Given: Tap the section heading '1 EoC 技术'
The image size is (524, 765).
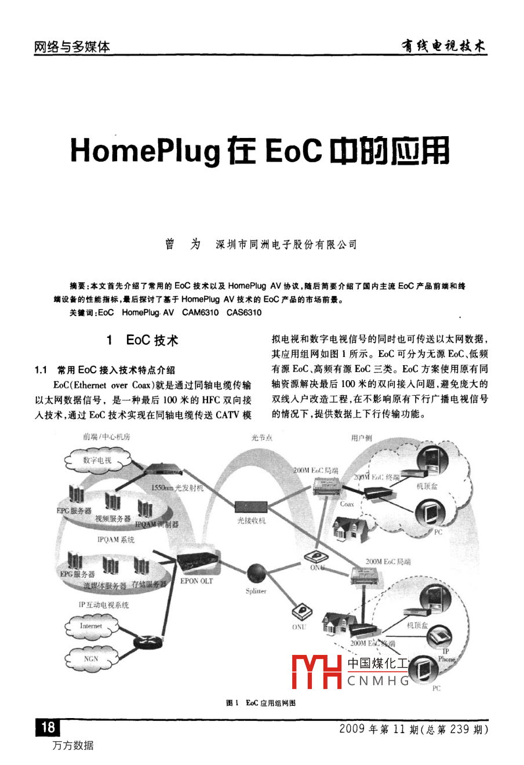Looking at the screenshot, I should tap(143, 340).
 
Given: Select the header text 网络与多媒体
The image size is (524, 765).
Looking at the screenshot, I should tap(72, 47).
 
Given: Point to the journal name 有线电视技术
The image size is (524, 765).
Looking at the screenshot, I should tap(443, 46).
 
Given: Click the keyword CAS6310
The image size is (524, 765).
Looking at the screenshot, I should tap(244, 313).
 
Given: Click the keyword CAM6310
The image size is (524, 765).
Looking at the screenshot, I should tap(201, 313).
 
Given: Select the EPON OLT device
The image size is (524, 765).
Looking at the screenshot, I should tap(196, 564).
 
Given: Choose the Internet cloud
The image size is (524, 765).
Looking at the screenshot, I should tap(91, 626).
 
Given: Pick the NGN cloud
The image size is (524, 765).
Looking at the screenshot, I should tap(91, 659).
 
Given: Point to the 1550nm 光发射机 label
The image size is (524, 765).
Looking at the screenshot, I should tap(177, 487).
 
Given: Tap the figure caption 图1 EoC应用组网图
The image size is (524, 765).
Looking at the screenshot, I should tap(261, 702).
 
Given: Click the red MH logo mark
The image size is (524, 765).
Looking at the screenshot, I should tap(316, 672).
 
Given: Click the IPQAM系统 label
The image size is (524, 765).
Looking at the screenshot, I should tap(116, 540).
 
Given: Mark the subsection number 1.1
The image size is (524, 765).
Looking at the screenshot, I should tap(41, 370).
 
